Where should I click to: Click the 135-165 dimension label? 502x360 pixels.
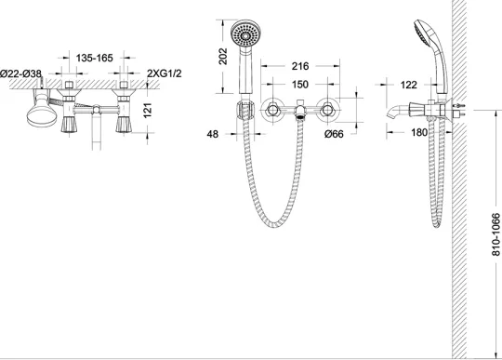tap(95, 58)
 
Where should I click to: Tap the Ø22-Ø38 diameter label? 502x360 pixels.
tap(20, 73)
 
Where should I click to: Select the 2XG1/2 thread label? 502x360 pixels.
tap(165, 73)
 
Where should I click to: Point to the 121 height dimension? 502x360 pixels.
tap(148, 110)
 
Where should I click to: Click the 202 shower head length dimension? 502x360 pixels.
tap(223, 56)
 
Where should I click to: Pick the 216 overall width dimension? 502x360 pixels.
tap(300, 66)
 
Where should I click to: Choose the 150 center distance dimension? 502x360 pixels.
tap(300, 85)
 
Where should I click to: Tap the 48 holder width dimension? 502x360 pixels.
tap(213, 134)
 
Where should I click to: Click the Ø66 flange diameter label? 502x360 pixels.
tap(334, 134)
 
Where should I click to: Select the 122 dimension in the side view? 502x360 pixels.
tap(408, 85)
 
